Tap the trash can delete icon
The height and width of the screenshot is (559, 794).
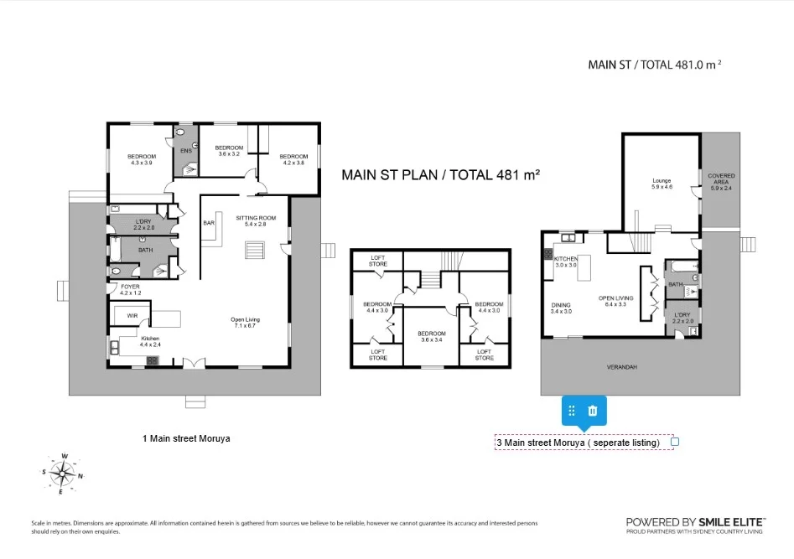click(x=593, y=411)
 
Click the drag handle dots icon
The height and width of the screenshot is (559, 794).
click(x=572, y=411)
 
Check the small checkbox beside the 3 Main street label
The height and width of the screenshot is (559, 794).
click(x=675, y=442)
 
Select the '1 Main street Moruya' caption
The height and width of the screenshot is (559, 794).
click(x=186, y=438)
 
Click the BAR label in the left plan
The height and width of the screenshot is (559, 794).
click(x=209, y=223)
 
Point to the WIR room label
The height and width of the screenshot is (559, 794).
click(x=132, y=315)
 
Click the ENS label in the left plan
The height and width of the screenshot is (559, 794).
click(x=185, y=151)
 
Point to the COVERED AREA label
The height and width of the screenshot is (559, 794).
click(x=721, y=182)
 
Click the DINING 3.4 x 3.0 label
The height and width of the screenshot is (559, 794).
click(x=561, y=308)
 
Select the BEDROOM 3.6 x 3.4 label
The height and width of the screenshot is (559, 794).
click(x=432, y=336)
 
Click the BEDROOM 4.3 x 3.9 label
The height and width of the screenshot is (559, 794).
click(x=141, y=160)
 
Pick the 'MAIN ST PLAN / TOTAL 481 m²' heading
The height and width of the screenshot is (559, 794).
click(x=439, y=175)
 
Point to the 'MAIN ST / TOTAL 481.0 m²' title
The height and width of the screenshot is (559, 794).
click(x=654, y=65)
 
